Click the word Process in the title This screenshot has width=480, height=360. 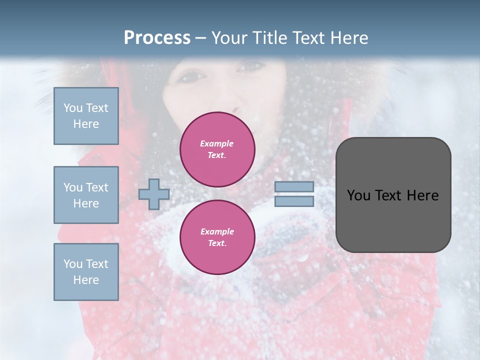pos(157,38)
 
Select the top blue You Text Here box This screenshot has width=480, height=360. pos(86,116)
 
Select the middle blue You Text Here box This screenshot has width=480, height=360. pos(86,195)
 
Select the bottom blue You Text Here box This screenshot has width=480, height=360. pos(86,272)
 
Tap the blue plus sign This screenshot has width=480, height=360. pos(153,194)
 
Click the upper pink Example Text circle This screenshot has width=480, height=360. pos(217,149)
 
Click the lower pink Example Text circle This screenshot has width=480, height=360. pos(217,237)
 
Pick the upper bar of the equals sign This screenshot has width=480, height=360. pos(294,186)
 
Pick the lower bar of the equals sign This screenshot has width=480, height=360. pos(294,201)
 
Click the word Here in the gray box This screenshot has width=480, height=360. pos(422,195)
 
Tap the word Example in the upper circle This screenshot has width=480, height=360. pos(217,143)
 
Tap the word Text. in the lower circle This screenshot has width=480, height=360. pos(217,243)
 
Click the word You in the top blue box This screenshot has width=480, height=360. pos(73,108)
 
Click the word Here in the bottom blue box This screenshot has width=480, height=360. pos(86,280)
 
